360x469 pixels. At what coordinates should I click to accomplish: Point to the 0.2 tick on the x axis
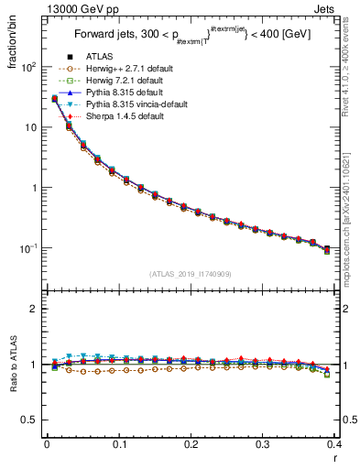[191, 445]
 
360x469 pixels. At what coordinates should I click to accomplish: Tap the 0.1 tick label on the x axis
[119, 445]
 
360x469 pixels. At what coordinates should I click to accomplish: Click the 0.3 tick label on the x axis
[263, 445]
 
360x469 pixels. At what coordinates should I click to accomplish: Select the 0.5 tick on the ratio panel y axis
[31, 420]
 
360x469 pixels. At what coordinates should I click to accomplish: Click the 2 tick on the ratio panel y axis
[35, 309]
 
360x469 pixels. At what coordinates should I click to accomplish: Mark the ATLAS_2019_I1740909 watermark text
[191, 274]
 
